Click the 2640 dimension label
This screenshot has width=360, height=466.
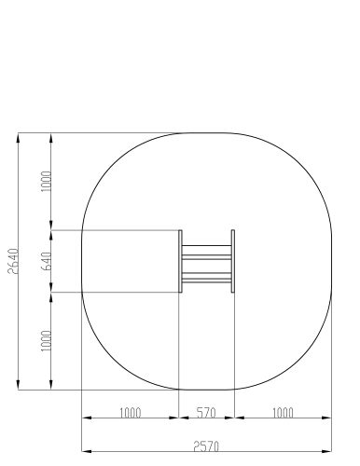[x=13, y=261]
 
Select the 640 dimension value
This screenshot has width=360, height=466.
[x=47, y=261]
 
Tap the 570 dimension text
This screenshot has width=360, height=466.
[x=206, y=413]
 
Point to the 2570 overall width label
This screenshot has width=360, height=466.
[x=206, y=446]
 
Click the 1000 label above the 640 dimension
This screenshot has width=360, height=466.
[x=47, y=182]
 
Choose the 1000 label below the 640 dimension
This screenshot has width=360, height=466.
[x=47, y=341]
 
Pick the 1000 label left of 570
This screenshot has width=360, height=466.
[x=131, y=413]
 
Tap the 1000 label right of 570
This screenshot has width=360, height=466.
[x=283, y=413]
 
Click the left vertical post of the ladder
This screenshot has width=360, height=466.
[x=180, y=261]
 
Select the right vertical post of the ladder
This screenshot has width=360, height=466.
[x=233, y=261]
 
